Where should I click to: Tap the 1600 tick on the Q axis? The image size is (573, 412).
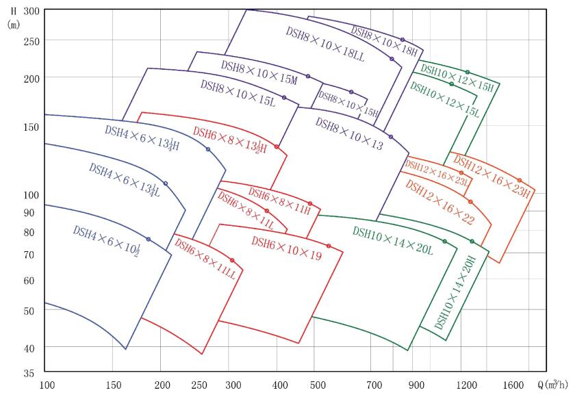click(513, 385)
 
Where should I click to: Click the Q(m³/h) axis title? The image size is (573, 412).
click(552, 385)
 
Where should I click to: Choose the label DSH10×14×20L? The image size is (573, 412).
click(393, 240)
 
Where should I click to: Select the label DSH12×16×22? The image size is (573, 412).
click(439, 202)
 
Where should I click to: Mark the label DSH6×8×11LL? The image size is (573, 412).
click(205, 258)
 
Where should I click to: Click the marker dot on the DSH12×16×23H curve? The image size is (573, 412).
click(520, 180)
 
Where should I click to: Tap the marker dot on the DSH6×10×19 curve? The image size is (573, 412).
click(329, 246)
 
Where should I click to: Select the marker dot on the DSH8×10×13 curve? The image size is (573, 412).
click(391, 137)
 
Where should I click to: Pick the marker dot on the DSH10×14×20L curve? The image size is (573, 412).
click(445, 241)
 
